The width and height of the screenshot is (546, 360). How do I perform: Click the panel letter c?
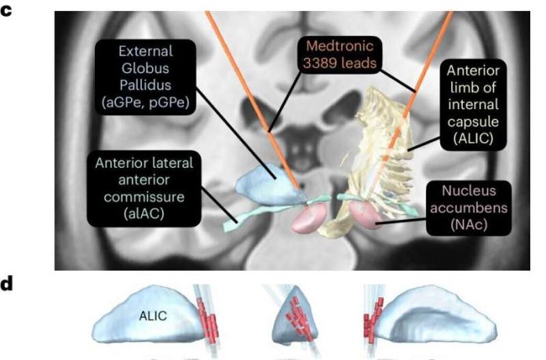[x=6, y=10]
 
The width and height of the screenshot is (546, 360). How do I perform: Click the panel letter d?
[x=6, y=283]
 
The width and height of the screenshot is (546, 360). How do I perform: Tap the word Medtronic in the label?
[x=340, y=46]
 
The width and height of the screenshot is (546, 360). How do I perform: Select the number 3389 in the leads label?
[x=320, y=64]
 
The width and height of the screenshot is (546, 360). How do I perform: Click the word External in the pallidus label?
[x=146, y=52]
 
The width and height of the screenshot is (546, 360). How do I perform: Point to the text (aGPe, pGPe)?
[x=146, y=103]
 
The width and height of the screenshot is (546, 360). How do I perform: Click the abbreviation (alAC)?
[x=144, y=213]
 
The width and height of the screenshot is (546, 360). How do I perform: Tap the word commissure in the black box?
[x=144, y=197]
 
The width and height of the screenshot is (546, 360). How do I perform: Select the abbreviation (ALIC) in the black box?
[x=473, y=139]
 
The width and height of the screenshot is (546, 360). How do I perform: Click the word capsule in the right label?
[x=473, y=122]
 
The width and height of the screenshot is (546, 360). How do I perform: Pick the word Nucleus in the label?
[x=468, y=191]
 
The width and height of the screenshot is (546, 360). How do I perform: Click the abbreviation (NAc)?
[x=468, y=224]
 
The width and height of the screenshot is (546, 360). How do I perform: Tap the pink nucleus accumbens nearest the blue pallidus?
[x=309, y=217]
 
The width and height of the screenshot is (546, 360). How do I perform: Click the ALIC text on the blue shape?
[x=153, y=316]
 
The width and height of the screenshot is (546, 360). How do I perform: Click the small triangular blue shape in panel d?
[x=295, y=315]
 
